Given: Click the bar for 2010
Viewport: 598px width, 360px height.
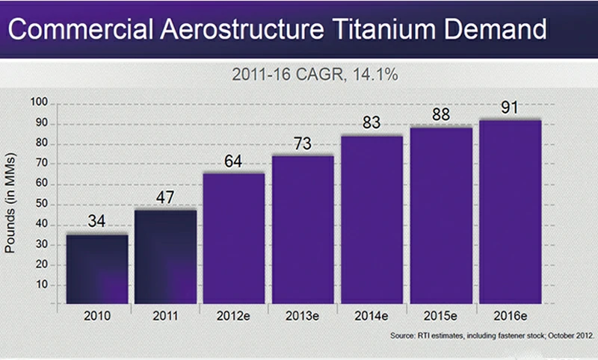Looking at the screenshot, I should click(x=96, y=270).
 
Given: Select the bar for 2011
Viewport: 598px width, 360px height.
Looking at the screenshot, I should click(x=165, y=257).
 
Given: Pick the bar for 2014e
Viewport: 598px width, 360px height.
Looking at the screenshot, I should click(x=372, y=220).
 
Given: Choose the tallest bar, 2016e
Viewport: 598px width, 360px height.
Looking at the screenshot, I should click(x=511, y=212).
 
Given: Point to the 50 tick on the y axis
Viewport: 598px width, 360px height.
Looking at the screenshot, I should click(x=40, y=204).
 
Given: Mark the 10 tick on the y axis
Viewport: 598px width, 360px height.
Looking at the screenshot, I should click(x=40, y=285).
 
